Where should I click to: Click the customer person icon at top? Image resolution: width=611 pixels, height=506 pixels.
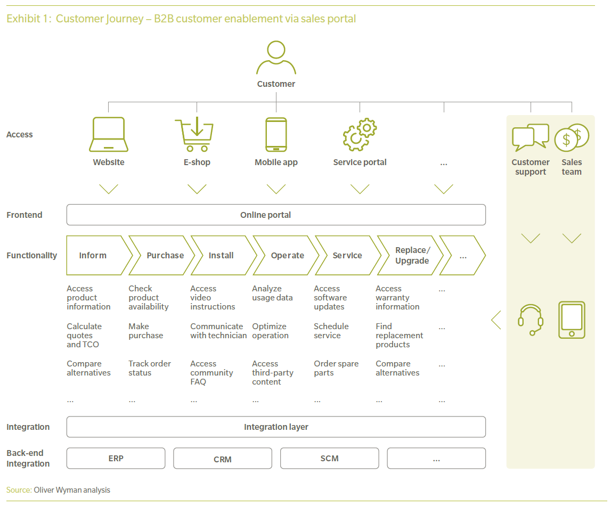tap(276, 58)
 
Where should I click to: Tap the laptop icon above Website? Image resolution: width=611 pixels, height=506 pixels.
tap(109, 135)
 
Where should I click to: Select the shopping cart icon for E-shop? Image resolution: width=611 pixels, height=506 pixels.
tap(194, 135)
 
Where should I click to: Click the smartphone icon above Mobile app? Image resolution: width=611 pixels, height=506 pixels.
tap(276, 135)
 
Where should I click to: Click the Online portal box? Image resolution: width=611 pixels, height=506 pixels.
tap(276, 215)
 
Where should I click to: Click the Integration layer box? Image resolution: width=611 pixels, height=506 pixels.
tap(276, 427)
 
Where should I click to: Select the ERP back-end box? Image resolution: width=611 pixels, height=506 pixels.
tap(116, 458)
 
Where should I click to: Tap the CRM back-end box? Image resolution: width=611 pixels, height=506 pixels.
tap(223, 458)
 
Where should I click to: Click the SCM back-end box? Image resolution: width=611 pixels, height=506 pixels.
tap(330, 458)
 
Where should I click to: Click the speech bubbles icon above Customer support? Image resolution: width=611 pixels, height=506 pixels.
tap(531, 137)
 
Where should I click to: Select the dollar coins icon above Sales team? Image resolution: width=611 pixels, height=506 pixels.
tap(572, 137)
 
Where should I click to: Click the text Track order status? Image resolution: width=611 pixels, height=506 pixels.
tap(150, 368)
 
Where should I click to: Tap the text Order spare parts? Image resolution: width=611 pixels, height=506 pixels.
tap(336, 368)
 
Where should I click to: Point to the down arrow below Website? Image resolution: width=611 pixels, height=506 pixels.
tap(109, 189)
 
